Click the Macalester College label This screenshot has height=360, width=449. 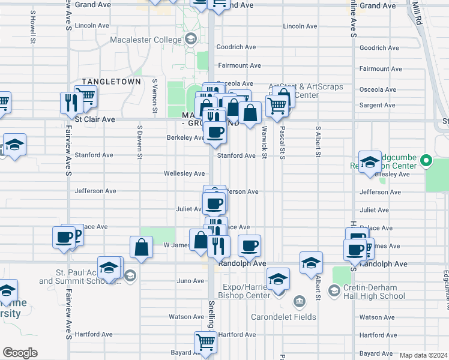145,40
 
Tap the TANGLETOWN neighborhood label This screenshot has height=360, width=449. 111,82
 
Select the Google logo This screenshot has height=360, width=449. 20,353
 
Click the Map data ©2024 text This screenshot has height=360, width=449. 423,355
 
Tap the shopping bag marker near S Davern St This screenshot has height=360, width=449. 140,247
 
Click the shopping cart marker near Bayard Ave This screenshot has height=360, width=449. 205,343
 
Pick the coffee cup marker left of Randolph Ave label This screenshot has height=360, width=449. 249,245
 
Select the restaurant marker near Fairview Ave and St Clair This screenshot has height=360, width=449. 71,102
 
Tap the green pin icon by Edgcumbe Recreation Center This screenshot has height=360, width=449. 426,161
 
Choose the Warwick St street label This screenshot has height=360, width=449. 264,143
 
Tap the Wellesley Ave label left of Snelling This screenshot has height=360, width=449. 185,173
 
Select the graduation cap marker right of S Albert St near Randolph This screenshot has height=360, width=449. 310,263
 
